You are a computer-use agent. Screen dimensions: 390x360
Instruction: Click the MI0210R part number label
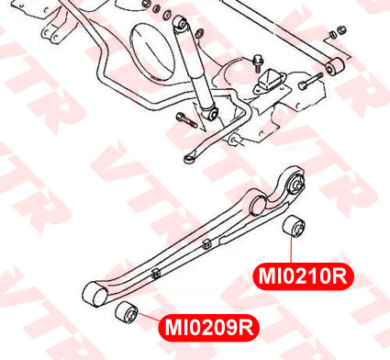click(x=303, y=276)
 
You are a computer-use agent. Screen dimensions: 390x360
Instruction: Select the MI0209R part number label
click(x=209, y=328)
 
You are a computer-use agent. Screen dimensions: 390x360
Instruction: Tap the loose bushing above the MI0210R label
click(x=294, y=226)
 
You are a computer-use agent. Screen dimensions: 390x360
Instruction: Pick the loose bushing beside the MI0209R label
click(x=127, y=312)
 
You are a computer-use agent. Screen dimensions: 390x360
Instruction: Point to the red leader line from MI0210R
click(x=291, y=250)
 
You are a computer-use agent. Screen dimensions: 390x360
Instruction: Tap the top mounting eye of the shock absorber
click(x=181, y=24)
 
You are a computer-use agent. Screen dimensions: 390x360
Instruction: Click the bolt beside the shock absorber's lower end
click(x=186, y=120)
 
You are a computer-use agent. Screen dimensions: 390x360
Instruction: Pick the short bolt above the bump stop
click(x=256, y=63)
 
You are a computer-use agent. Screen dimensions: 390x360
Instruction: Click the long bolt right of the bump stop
click(x=310, y=81)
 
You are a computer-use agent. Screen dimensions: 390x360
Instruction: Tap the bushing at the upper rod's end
click(x=334, y=65)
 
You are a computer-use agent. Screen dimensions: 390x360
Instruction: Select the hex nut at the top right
click(x=341, y=30)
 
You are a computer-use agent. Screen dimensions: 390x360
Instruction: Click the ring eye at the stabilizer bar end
click(x=188, y=159)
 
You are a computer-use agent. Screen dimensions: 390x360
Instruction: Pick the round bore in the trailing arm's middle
click(x=258, y=206)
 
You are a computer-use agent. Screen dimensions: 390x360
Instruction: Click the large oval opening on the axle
click(x=152, y=52)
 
